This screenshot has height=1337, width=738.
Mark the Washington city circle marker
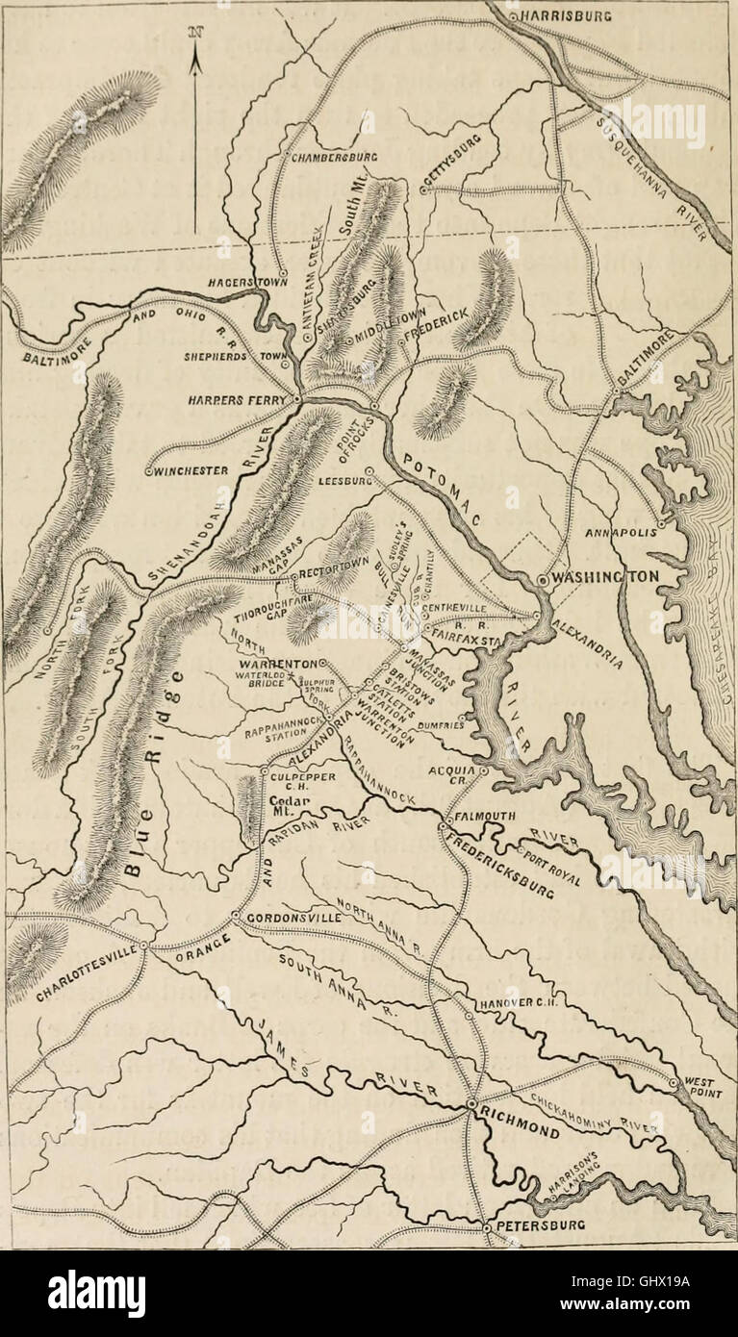[x=543, y=580]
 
